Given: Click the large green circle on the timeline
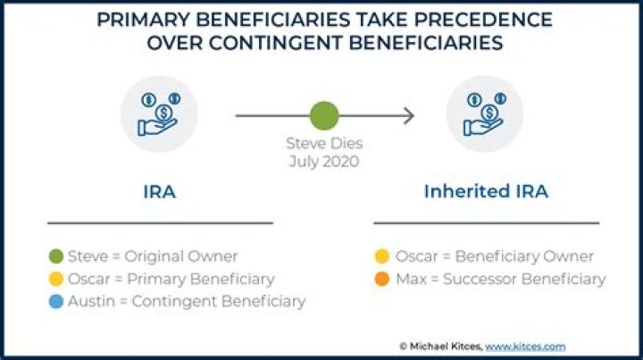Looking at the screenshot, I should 324,115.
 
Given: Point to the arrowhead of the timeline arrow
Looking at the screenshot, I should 408,115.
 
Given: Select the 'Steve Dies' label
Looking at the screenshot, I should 324,143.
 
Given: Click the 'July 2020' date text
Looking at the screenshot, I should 324,162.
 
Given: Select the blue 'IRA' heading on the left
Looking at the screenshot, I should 159,191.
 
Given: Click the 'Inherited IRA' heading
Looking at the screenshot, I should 485,191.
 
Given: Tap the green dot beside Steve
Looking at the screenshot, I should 56,256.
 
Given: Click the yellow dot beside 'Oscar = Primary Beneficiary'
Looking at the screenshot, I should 56,279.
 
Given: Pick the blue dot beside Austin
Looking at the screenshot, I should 56,301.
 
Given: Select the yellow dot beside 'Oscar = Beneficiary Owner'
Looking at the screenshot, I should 381,256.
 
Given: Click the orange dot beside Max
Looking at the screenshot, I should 381,279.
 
